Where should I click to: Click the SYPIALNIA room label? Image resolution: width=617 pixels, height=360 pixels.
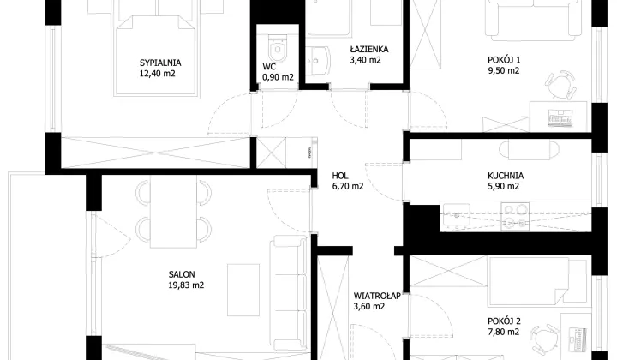(160, 63)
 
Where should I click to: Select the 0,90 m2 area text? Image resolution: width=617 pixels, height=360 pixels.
(278, 77)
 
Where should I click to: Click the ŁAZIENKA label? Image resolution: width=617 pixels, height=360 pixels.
(369, 49)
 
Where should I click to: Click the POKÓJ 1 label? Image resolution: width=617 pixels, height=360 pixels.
(504, 60)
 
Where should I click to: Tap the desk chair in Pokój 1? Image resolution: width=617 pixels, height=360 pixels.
(560, 85)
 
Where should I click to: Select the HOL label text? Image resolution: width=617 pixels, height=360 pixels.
(340, 176)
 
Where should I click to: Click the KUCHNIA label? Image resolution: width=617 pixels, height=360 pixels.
(506, 176)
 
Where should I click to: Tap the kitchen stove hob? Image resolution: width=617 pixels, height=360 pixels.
(515, 216)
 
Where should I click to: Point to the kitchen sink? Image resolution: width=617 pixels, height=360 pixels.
(457, 215)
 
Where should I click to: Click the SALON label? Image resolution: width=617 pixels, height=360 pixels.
(182, 274)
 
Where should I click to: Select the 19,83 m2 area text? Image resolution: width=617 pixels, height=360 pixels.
(186, 285)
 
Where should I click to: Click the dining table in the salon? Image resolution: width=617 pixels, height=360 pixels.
(173, 211)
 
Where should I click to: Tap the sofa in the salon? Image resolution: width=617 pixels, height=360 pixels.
(290, 291)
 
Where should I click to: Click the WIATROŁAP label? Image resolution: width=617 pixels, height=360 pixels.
(377, 296)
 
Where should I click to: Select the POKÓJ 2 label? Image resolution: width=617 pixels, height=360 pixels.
(504, 321)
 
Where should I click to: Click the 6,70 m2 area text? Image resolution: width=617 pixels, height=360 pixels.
(348, 186)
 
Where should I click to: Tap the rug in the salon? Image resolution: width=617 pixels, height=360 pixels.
(243, 290)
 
